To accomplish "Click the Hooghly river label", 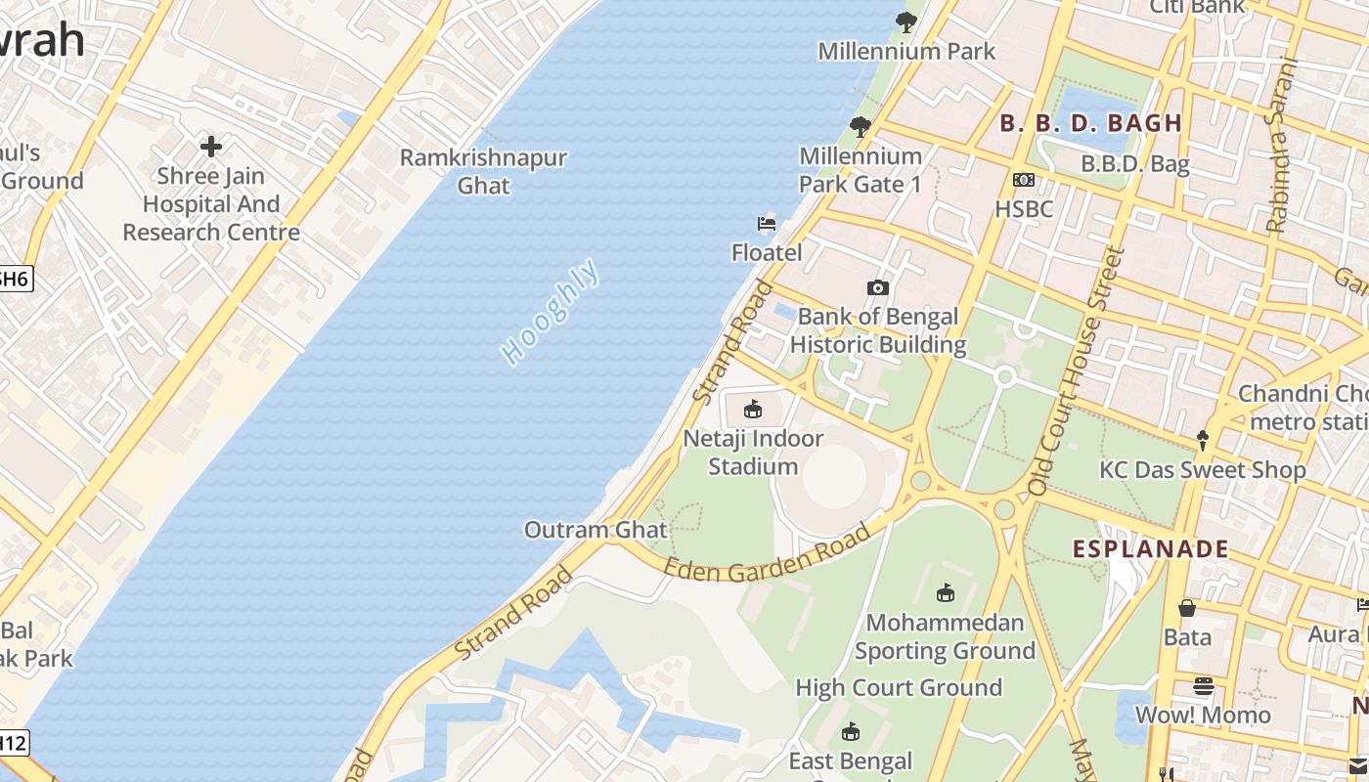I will pos(551,312).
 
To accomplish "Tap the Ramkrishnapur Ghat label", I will pos(483,171).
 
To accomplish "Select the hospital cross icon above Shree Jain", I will pos(211,147).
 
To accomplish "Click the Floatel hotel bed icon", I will pos(767,224).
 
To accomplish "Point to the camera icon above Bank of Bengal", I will pos(878,287).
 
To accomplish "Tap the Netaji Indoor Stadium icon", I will pos(753,409).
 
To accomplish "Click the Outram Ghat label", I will pos(596,530).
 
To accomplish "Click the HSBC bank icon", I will pos(1024,180).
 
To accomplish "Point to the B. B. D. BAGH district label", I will pos(1090,123).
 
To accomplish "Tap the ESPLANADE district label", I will pos(1150,548).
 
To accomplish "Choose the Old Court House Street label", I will pos(1074,371).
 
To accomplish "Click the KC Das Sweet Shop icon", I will pos(1203,441).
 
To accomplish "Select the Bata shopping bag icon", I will pos(1187,608).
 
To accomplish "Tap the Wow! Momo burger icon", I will pos(1203,686).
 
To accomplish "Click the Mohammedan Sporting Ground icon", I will pos(945,593).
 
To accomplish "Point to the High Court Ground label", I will pos(899,687).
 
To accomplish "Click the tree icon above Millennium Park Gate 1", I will pos(861,126).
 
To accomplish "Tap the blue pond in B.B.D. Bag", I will pos(1096,109).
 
